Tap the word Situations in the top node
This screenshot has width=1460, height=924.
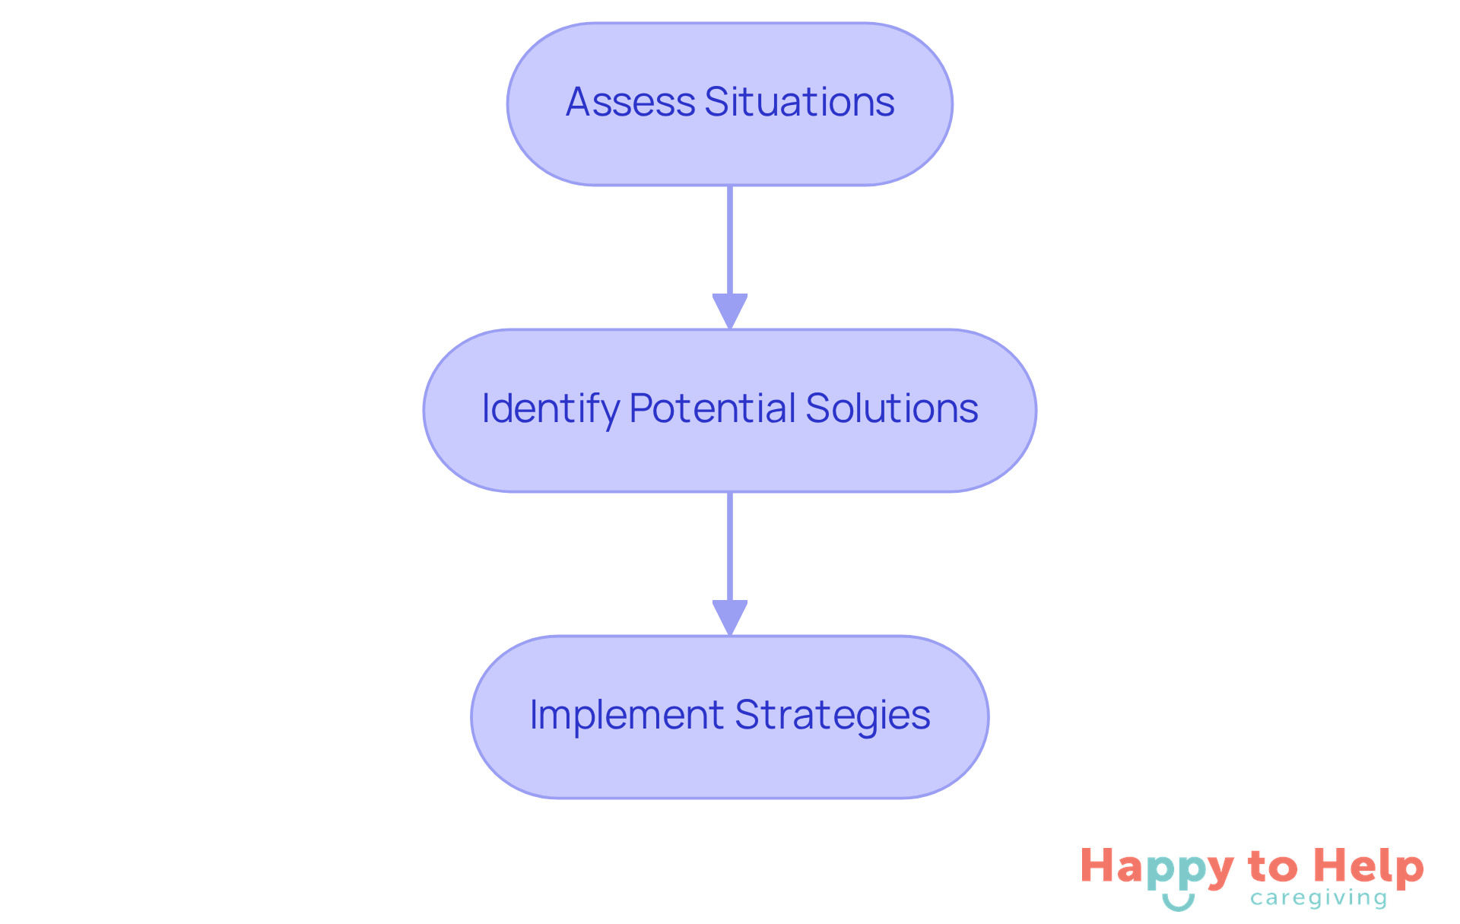point(799,102)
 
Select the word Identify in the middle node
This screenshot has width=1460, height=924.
point(550,409)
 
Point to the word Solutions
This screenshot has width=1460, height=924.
point(891,408)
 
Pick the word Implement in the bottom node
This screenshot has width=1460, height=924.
point(627,715)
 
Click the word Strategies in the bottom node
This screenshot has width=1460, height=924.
point(832,716)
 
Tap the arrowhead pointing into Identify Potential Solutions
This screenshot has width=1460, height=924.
point(730,311)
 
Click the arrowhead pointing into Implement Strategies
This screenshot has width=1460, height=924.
point(730,618)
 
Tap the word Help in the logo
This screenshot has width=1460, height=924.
point(1370,867)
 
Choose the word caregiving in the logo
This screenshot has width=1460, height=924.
point(1319,898)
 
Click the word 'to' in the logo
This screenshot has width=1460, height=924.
point(1273,867)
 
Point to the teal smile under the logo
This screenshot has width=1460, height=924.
point(1178,903)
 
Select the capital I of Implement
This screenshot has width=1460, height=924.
point(534,715)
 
